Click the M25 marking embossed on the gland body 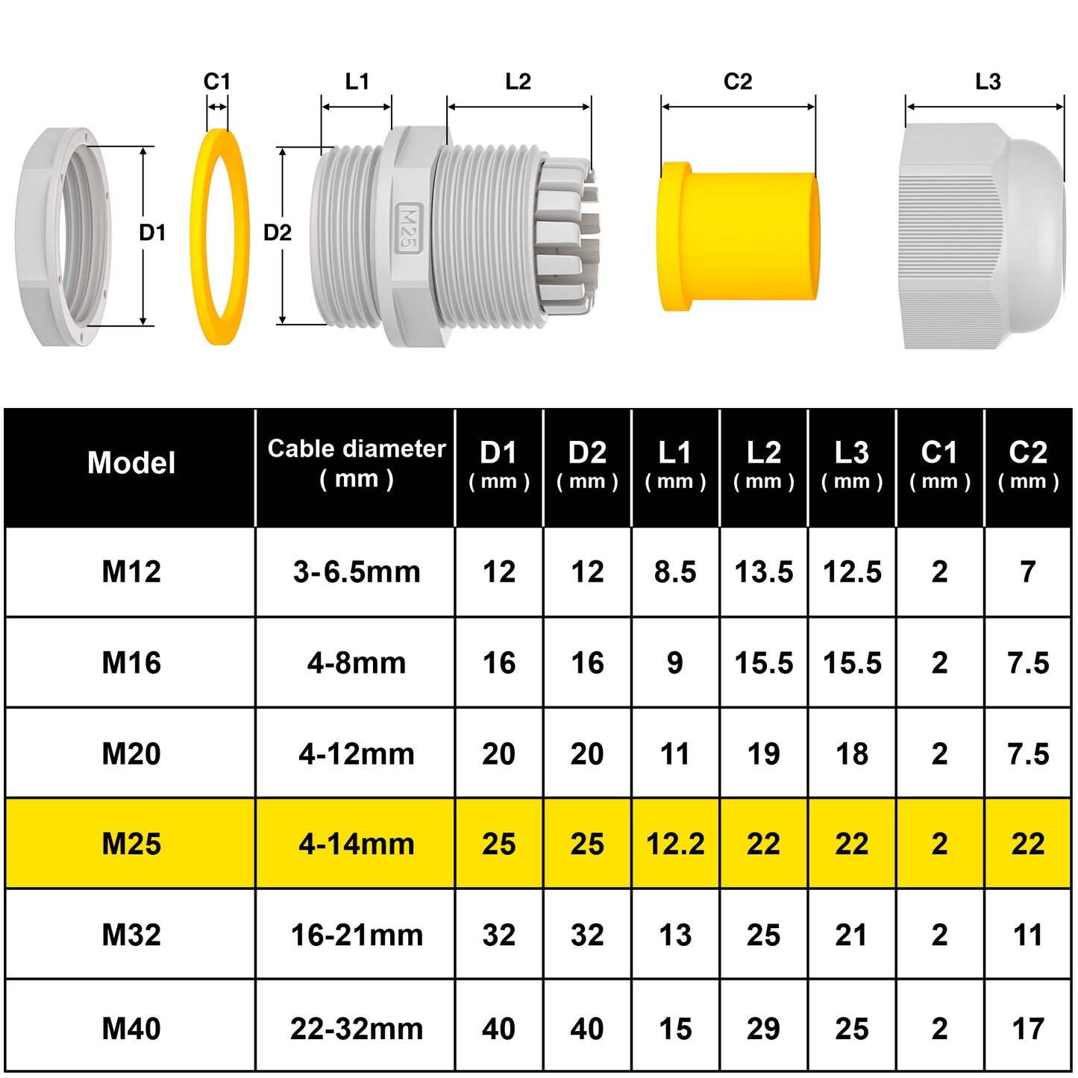(x=408, y=228)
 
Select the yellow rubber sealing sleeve (x=739, y=236)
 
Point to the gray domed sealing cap (x=982, y=236)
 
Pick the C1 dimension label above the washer (x=217, y=81)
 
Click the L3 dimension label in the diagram (x=988, y=81)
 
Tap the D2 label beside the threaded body (x=278, y=233)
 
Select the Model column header (x=131, y=463)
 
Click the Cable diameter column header (x=357, y=464)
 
